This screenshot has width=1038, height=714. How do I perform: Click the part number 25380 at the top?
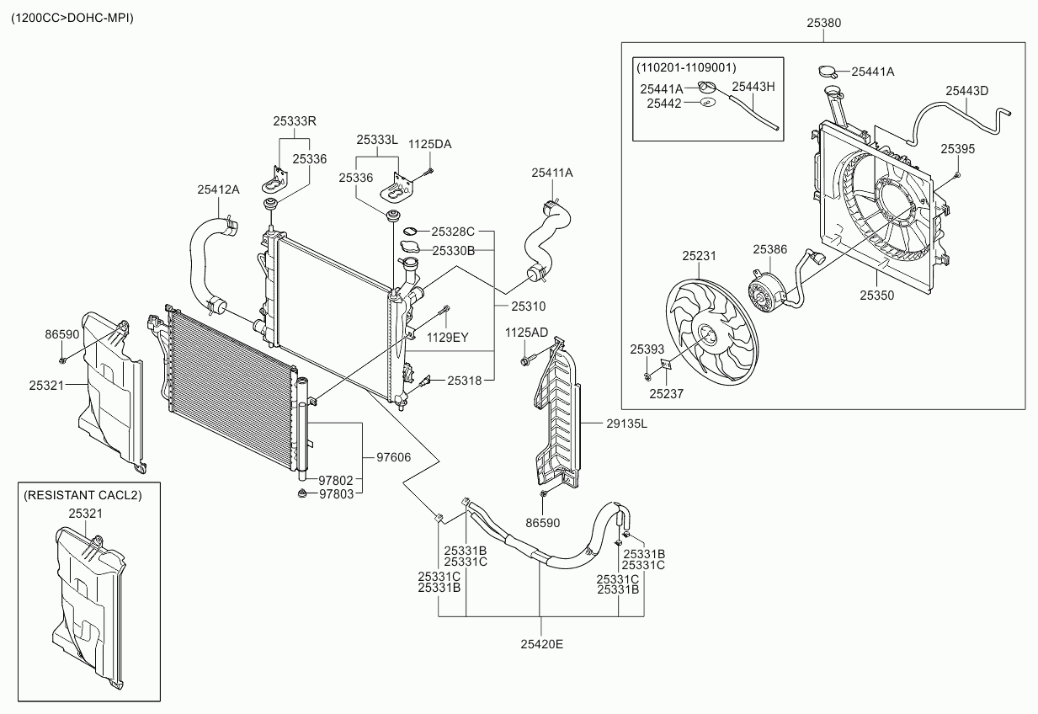(823, 23)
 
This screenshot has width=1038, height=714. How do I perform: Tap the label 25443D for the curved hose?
(966, 91)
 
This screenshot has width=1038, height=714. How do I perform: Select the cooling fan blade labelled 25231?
(711, 333)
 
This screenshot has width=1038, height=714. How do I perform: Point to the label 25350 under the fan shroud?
(876, 296)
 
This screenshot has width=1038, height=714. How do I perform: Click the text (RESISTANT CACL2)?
(83, 495)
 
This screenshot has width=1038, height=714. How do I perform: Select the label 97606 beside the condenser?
(393, 457)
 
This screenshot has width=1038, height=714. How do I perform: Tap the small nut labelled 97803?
(302, 493)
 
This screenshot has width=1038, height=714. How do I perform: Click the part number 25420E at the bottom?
(541, 644)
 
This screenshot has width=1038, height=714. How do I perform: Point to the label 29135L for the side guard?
(626, 424)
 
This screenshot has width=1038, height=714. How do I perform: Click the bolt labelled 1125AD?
(526, 360)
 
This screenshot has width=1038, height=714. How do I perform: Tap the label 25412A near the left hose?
(218, 189)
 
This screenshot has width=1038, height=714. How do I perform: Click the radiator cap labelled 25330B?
(410, 247)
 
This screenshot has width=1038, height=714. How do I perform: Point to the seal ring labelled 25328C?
(411, 231)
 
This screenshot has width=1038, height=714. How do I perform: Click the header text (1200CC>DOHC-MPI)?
(72, 18)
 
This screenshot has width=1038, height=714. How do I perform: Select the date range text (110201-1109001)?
(686, 67)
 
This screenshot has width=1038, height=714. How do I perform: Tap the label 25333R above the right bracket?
(295, 121)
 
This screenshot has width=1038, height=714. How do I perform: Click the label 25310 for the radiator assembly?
(529, 306)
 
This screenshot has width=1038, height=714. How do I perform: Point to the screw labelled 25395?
(958, 174)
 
